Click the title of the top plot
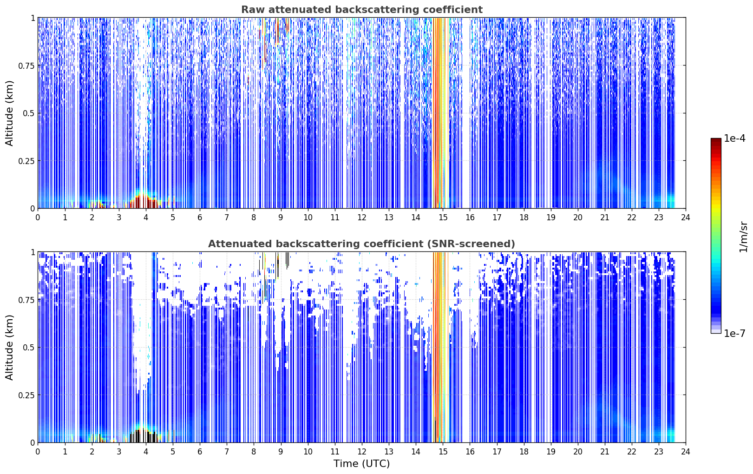click(362, 9)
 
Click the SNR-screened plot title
click(362, 244)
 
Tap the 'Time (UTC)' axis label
click(362, 464)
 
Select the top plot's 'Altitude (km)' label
click(9, 113)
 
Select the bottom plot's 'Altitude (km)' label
click(9, 348)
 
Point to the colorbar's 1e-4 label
click(734, 138)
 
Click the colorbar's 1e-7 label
click(734, 334)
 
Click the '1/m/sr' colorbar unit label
click(743, 237)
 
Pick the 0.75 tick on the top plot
click(26, 66)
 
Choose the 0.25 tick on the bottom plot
click(26, 395)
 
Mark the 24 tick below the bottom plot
click(686, 452)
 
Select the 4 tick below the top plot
click(146, 217)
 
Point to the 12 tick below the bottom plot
click(362, 452)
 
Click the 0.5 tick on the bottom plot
click(29, 347)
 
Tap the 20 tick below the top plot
click(578, 217)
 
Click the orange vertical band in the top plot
click(441, 113)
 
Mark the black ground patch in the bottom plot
click(144, 436)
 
